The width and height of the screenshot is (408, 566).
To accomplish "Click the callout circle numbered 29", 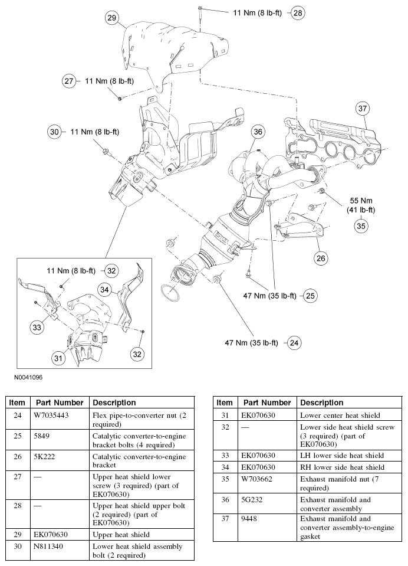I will (112, 18).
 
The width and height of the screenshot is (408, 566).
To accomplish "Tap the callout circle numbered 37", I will (363, 108).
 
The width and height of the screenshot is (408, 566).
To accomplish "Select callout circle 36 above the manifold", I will (258, 133).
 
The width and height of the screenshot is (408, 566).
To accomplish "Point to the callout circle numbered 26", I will (321, 257).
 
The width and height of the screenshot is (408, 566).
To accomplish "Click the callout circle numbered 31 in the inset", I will (58, 358).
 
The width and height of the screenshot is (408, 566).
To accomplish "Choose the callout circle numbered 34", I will (104, 289).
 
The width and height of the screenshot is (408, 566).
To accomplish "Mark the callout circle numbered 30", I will (55, 133).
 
